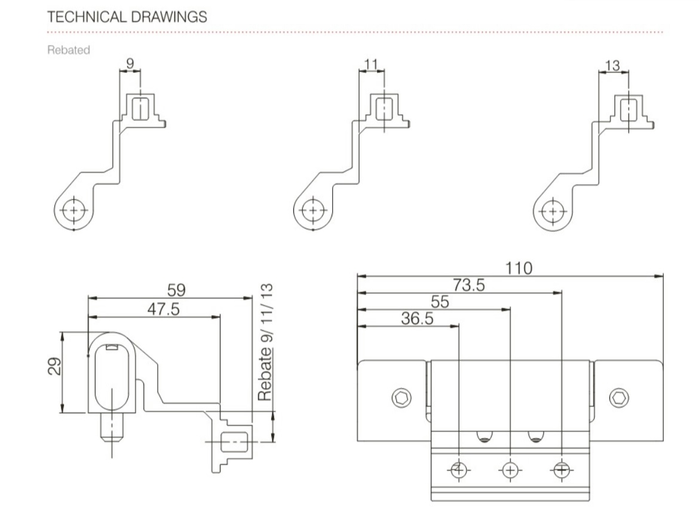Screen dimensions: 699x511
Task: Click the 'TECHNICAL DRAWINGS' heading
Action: point(127,17)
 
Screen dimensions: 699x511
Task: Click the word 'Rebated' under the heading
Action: point(69,50)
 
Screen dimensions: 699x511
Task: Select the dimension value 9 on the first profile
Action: point(130,63)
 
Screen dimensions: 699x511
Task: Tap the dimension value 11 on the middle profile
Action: point(371,65)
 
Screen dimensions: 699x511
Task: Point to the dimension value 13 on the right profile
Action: point(612,66)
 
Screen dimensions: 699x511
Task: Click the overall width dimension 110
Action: point(519,268)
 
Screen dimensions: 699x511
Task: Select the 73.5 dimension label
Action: point(468,285)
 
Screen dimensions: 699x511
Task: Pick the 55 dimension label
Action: point(440,302)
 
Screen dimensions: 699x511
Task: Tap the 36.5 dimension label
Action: point(417,319)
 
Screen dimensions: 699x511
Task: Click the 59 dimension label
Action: point(176,290)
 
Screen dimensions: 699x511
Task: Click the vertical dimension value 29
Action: point(54,366)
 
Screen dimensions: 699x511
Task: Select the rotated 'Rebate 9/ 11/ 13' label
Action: point(265,342)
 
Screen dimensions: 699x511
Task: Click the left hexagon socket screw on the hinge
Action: point(401,397)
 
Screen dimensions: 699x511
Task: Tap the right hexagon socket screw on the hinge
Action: point(619,397)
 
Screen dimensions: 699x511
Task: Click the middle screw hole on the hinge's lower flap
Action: point(510,470)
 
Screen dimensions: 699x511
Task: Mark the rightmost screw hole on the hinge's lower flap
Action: point(561,470)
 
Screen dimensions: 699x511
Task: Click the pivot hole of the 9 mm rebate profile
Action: point(73,210)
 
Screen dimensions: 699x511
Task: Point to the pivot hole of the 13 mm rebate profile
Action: point(553,211)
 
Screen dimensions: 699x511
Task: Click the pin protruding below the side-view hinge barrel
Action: point(112,427)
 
